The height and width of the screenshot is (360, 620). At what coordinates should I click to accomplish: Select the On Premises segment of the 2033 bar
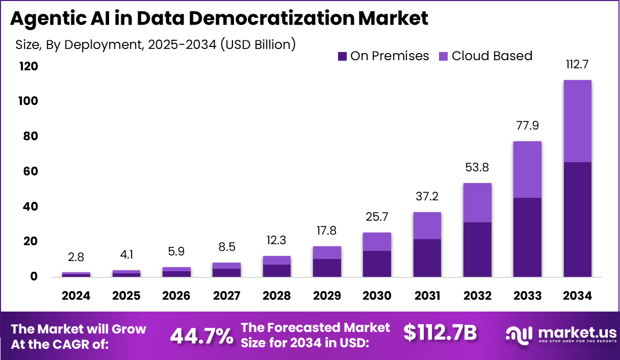point(527,237)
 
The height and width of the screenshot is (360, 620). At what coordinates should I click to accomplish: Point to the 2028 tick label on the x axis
point(276,296)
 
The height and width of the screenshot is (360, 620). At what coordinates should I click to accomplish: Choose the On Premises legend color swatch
point(342,56)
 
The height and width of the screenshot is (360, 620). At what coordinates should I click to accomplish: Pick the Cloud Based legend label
point(492,56)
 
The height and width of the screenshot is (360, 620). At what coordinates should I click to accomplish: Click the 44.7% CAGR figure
point(201,335)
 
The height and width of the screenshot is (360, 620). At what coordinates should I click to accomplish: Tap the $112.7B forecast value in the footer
point(440,332)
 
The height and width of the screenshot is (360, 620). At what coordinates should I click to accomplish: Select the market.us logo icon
point(519,334)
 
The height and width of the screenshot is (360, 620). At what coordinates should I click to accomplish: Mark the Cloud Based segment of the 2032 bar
point(477,202)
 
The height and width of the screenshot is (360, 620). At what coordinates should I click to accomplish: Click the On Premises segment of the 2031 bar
point(427,258)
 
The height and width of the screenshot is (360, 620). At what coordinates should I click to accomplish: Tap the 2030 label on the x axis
point(377,296)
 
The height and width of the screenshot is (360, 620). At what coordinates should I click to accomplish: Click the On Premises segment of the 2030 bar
point(377,264)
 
